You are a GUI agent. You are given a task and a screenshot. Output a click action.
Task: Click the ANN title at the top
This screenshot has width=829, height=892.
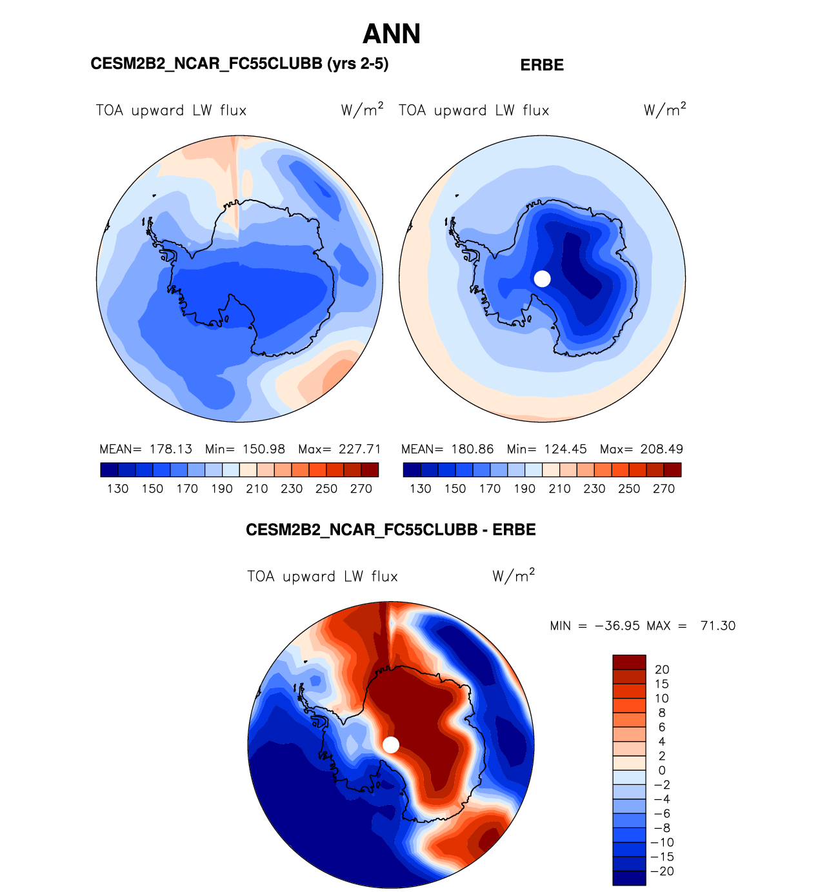(x=392, y=34)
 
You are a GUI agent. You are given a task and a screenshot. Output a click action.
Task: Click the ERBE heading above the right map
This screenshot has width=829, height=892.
(x=542, y=65)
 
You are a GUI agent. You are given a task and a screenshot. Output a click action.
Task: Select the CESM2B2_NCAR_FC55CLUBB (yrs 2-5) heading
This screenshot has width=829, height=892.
(x=239, y=64)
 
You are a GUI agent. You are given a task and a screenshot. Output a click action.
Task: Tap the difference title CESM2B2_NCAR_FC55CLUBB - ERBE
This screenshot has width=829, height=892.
(x=391, y=530)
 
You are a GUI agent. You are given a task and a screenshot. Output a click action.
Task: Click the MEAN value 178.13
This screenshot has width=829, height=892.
(x=171, y=449)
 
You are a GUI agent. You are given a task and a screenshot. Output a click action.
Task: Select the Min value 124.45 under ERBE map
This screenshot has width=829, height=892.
(x=566, y=449)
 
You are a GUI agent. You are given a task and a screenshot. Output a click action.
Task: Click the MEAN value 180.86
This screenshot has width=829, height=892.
(x=472, y=449)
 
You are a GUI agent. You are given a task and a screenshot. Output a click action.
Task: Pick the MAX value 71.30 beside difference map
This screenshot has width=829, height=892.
(x=718, y=626)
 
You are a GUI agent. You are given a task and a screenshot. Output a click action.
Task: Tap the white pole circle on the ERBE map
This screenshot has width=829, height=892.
(x=543, y=279)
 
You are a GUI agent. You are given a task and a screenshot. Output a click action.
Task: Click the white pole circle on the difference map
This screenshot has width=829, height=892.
(x=391, y=745)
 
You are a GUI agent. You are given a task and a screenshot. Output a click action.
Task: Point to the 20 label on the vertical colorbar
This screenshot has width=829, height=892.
(x=662, y=669)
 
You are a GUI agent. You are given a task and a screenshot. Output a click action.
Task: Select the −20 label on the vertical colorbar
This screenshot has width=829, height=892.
(x=662, y=871)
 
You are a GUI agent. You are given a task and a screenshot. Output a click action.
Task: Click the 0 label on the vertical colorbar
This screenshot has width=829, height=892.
(x=662, y=770)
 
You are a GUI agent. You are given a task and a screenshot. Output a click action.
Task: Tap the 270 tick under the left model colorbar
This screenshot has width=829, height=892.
(x=361, y=489)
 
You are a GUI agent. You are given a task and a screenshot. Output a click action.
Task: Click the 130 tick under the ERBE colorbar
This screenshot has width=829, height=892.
(x=421, y=489)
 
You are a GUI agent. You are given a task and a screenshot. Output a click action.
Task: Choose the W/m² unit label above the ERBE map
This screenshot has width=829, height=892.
(x=664, y=110)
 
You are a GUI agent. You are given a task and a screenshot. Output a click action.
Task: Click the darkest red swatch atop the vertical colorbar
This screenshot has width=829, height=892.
(x=629, y=662)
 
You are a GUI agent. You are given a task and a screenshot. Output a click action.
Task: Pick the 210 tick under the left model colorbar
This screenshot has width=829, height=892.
(x=257, y=489)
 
